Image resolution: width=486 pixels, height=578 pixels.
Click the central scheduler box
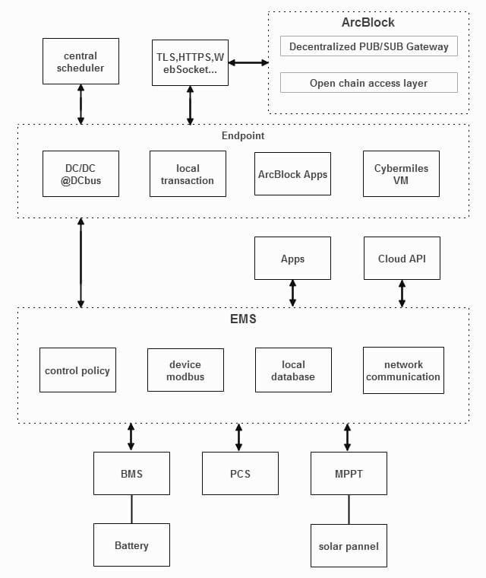pyautogui.click(x=80, y=61)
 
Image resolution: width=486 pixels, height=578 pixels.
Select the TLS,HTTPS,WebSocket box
pyautogui.click(x=190, y=62)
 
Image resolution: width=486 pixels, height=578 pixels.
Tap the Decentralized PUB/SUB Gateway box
pyautogui.click(x=369, y=46)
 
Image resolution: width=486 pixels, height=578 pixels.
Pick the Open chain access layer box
pyautogui.click(x=369, y=83)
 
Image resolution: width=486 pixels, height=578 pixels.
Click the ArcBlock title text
pyautogui.click(x=368, y=23)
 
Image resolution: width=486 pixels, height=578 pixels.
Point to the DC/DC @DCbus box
pyautogui.click(x=80, y=173)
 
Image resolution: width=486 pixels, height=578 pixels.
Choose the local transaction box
pyautogui.click(x=188, y=173)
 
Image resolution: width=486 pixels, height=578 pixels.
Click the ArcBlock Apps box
pyautogui.click(x=292, y=173)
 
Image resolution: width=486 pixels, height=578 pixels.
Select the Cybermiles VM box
pyautogui.click(x=401, y=173)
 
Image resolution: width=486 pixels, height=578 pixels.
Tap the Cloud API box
pyautogui.click(x=402, y=258)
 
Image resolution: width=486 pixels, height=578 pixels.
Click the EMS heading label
pyautogui.click(x=243, y=319)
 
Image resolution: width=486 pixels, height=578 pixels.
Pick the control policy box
pyautogui.click(x=77, y=370)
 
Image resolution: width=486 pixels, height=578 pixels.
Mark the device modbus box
pyautogui.click(x=185, y=370)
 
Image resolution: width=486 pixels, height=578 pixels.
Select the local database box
pyautogui.click(x=293, y=370)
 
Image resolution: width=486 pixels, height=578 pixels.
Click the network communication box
pyautogui.click(x=403, y=370)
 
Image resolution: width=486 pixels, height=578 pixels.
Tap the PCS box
pyautogui.click(x=240, y=473)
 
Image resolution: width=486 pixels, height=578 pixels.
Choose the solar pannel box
pyautogui.click(x=349, y=545)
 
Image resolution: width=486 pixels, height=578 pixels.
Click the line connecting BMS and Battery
pyautogui.click(x=131, y=509)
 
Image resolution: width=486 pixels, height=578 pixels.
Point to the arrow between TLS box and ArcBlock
pyautogui.click(x=248, y=62)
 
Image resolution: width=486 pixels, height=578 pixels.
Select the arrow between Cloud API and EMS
pyautogui.click(x=402, y=294)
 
